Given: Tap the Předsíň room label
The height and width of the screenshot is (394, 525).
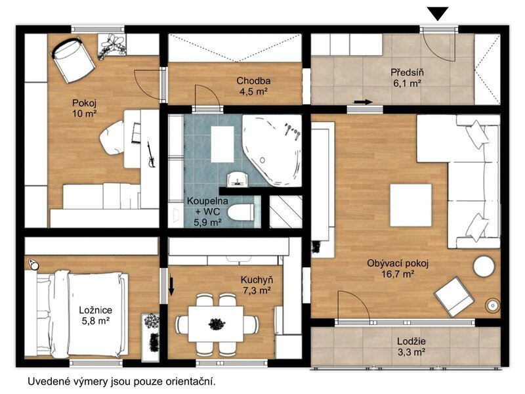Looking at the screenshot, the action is click(x=407, y=72).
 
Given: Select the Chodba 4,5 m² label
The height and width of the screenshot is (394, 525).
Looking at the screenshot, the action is click(x=253, y=86).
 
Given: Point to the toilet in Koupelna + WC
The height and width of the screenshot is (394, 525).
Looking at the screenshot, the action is click(x=241, y=212).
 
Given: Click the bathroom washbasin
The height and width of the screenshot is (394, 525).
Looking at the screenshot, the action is click(x=238, y=179).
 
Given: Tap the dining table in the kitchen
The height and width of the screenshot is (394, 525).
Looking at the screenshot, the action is click(x=216, y=324).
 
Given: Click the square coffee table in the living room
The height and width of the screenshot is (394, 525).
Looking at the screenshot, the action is click(x=411, y=205).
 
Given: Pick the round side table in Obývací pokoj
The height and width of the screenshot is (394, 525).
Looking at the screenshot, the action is click(x=484, y=267).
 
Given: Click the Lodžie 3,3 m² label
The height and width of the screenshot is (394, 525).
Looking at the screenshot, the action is click(x=411, y=347).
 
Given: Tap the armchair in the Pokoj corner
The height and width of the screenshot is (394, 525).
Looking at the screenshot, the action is click(x=72, y=59).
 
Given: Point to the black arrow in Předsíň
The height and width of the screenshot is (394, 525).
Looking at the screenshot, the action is click(x=364, y=102).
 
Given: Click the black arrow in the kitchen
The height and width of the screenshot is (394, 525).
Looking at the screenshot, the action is click(x=171, y=286).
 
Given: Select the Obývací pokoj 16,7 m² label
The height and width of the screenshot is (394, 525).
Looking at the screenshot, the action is click(x=398, y=269).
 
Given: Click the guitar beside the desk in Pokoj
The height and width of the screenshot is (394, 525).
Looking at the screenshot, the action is click(x=150, y=155).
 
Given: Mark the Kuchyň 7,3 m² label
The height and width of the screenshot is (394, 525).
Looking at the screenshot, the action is click(x=257, y=285).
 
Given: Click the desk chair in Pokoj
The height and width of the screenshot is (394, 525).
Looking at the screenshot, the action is click(x=112, y=137).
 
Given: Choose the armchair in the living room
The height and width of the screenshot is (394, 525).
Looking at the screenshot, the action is click(x=453, y=296).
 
